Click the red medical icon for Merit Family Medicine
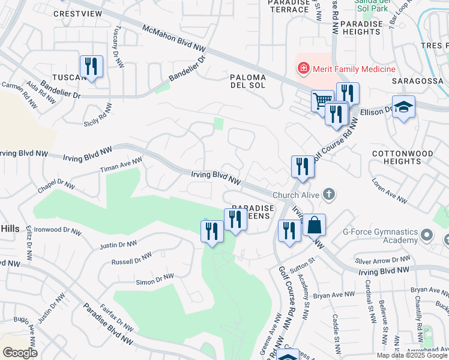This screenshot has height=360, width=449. click(304, 70)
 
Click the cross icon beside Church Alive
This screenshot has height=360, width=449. click(328, 194)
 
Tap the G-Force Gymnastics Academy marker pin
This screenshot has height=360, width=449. click(427, 234)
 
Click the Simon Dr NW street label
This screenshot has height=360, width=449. click(155, 279)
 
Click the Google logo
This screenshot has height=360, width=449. click(20, 353)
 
